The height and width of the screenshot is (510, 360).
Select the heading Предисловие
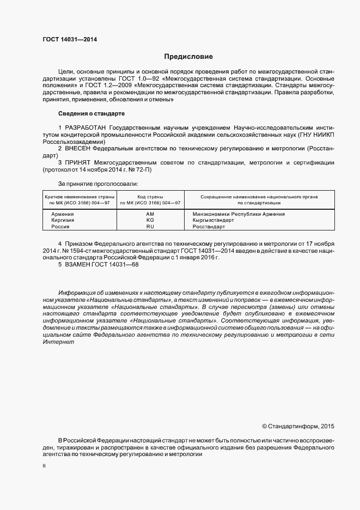click(188, 57)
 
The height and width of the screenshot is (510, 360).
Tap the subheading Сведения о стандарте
click(91, 113)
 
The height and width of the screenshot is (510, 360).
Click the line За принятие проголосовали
click(97, 184)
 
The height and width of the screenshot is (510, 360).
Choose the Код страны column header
click(150, 197)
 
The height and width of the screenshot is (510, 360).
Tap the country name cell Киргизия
click(63, 220)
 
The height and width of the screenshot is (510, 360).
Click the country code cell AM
click(150, 214)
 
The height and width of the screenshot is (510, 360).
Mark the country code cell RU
click(150, 226)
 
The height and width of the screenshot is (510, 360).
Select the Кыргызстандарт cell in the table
click(213, 220)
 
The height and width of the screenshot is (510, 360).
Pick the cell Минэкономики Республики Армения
click(239, 214)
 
